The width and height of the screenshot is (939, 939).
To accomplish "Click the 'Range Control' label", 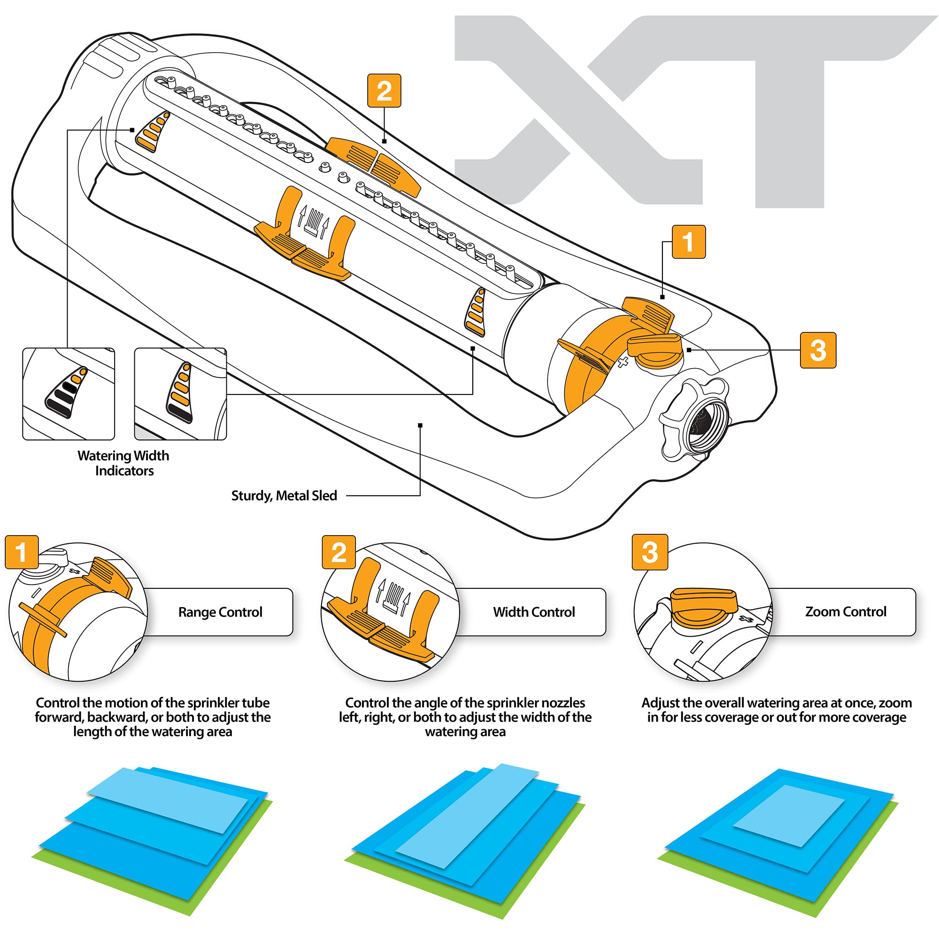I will coord(220,612).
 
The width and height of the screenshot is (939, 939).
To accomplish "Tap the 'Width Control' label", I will coord(534,612).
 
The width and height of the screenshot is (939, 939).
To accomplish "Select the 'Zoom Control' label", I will coord(846,611).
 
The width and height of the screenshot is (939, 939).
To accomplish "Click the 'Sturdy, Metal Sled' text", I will coord(284,496).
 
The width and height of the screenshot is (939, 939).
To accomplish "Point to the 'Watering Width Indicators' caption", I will coord(123,463).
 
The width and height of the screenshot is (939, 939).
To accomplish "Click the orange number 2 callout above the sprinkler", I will coord(384,91).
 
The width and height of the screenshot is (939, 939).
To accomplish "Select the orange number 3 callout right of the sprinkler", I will coord(818,350).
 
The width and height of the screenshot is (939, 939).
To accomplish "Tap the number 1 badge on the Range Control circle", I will coord(22,552).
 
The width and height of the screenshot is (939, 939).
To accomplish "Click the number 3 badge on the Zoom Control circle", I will coord(649,552).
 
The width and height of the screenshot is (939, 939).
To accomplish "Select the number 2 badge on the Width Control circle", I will coord(339,552).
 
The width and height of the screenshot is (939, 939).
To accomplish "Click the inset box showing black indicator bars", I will coord(69,394).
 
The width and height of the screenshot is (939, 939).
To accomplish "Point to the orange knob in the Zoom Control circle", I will coord(704,607).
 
